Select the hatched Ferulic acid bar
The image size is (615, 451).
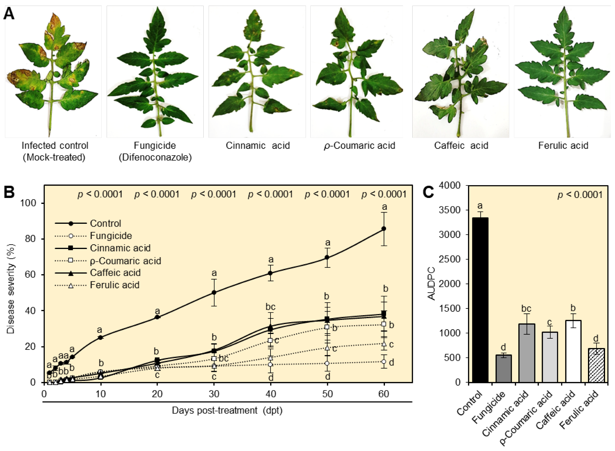(x=596, y=365)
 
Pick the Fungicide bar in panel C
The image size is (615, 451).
(x=503, y=369)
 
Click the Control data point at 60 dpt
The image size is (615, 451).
(x=384, y=228)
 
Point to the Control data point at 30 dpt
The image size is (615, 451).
(x=214, y=292)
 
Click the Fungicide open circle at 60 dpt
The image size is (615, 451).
(x=384, y=362)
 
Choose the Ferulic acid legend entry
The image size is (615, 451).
(x=114, y=285)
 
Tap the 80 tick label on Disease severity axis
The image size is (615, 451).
(x=30, y=239)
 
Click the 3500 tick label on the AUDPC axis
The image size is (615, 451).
(x=449, y=210)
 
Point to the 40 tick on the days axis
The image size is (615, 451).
(x=271, y=394)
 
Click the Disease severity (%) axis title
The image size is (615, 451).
(x=11, y=289)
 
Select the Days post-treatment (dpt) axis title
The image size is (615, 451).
(x=227, y=411)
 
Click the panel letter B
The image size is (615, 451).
(x=9, y=192)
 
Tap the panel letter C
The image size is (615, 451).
(x=428, y=192)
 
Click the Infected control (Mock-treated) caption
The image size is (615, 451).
(x=54, y=151)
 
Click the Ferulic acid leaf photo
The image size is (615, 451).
(x=562, y=72)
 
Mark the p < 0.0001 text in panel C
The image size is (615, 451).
(x=580, y=195)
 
